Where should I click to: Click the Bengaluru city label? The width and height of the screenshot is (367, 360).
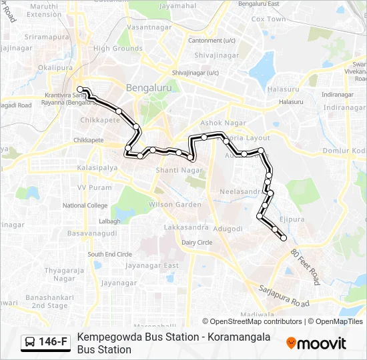tap(149, 87)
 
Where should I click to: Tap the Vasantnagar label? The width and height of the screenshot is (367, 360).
tap(149, 27)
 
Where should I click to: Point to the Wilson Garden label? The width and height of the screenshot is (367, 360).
tap(175, 205)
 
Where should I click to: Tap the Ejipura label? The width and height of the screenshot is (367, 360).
tap(291, 219)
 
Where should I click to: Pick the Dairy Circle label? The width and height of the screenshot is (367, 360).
tap(197, 243)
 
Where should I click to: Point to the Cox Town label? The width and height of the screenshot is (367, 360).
tap(268, 19)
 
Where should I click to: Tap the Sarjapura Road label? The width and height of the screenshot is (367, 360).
tap(284, 298)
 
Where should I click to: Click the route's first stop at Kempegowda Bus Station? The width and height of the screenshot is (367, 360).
tap(80, 89)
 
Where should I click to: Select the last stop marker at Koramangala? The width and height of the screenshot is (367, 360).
tap(284, 238)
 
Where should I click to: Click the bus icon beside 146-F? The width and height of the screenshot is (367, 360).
tap(31, 343)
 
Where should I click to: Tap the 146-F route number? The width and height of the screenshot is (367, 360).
tap(53, 343)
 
